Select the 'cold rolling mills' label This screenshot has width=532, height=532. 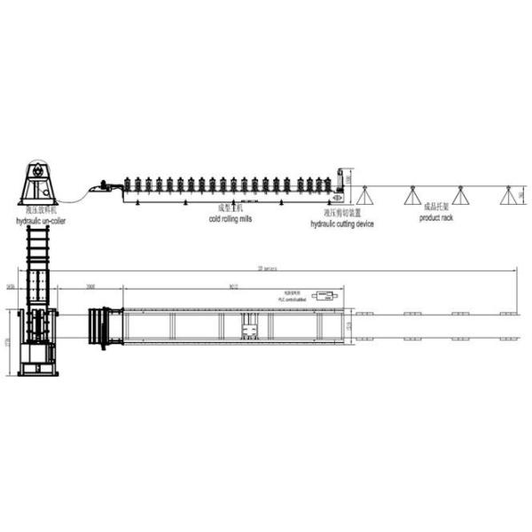230,218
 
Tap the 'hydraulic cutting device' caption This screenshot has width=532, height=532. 341,224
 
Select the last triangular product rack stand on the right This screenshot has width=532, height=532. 508,195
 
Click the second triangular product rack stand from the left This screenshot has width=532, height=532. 412,195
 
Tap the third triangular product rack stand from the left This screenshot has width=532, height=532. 460,195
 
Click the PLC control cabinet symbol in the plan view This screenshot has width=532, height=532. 325,295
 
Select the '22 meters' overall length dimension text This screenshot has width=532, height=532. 266,268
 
